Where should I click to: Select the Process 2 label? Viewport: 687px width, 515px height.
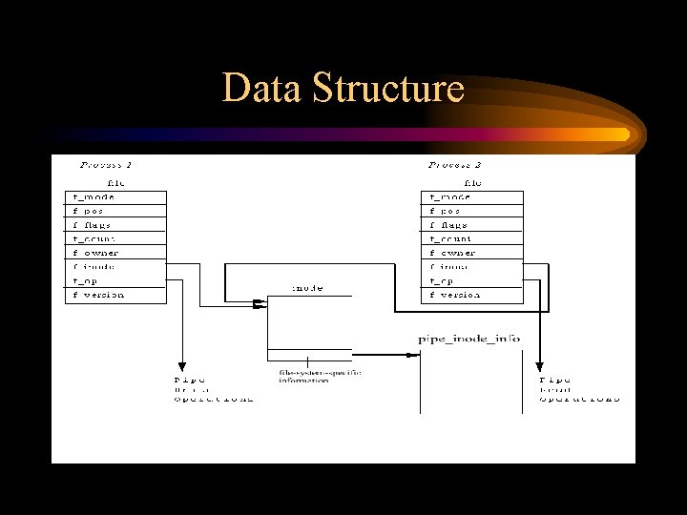click(455, 165)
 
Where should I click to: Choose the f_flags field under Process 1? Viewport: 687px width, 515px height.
click(93, 225)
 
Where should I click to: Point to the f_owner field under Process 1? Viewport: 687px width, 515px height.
click(95, 253)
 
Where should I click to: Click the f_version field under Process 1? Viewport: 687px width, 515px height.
click(98, 295)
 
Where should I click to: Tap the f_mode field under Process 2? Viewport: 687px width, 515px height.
click(449, 197)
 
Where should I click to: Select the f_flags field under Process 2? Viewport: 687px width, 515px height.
click(449, 225)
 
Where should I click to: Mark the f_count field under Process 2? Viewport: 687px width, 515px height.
click(450, 239)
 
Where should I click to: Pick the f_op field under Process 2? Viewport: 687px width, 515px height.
click(441, 281)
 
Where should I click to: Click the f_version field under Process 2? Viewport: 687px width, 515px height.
click(454, 295)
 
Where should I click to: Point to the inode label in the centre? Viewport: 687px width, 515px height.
click(307, 287)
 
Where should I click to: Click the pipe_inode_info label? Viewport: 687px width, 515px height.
click(468, 339)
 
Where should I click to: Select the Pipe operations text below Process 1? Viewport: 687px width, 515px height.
click(213, 388)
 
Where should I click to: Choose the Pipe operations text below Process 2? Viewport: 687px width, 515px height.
click(579, 388)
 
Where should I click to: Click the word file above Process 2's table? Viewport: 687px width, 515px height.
click(471, 181)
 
